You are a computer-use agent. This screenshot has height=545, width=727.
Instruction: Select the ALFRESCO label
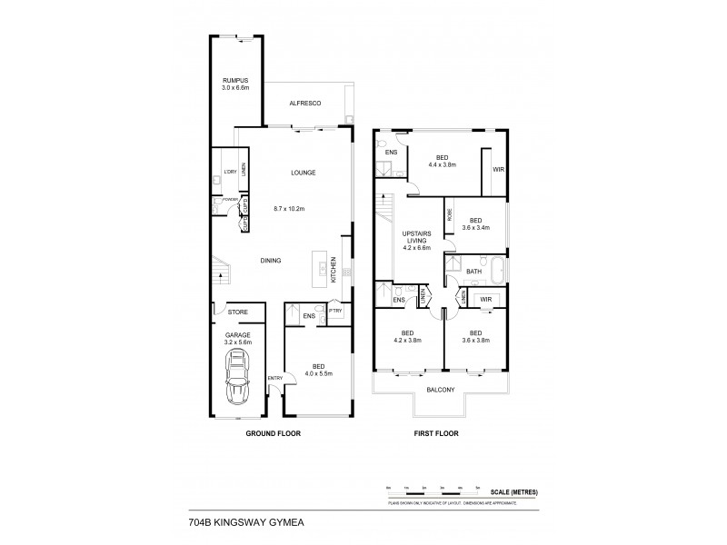click(x=305, y=104)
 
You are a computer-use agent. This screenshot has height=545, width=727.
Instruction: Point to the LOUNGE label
click(x=303, y=173)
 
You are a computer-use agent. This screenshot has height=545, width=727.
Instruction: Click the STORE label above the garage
click(x=237, y=312)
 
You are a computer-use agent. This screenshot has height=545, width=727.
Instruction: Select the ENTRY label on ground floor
click(x=275, y=377)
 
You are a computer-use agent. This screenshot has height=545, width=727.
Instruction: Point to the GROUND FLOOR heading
click(x=273, y=434)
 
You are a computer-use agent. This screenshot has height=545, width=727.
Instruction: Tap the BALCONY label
click(x=440, y=391)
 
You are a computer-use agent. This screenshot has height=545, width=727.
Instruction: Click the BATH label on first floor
click(x=473, y=271)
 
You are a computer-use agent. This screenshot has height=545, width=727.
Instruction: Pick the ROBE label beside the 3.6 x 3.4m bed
click(x=450, y=215)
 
